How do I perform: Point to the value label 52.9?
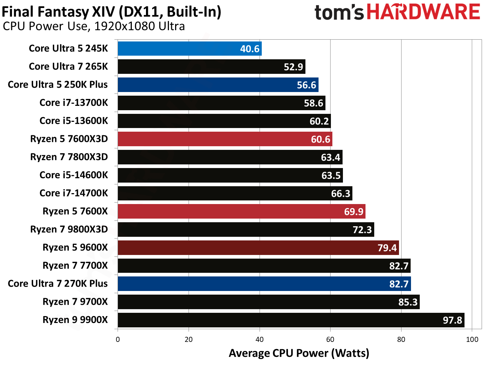point(293,67)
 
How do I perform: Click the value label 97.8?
point(452,320)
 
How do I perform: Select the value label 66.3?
point(340,194)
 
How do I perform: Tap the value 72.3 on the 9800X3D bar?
point(362,230)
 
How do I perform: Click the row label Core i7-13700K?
point(74,103)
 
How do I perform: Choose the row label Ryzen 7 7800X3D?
point(69,157)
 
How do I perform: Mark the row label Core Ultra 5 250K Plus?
point(58,84)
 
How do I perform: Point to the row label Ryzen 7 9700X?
point(75,302)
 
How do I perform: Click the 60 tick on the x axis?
point(330,340)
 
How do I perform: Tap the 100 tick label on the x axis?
point(472,340)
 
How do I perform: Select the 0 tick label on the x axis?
point(118,340)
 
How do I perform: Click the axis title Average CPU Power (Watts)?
point(299,353)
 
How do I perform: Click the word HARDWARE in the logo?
point(423,12)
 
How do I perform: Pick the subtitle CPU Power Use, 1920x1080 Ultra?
point(94,26)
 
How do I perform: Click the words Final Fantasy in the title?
point(45,12)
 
